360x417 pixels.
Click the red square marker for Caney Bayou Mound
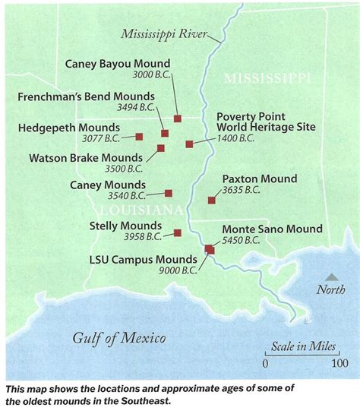[x=177, y=118]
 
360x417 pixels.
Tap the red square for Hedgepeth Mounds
[x=139, y=137]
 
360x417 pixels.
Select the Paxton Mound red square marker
[x=211, y=201]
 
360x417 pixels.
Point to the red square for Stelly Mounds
[x=177, y=233]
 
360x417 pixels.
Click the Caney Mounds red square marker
[x=169, y=194]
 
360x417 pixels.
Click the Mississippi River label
[x=168, y=33]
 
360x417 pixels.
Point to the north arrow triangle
[x=331, y=278]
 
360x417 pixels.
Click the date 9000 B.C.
[x=178, y=270]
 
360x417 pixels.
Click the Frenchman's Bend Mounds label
[x=99, y=96]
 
